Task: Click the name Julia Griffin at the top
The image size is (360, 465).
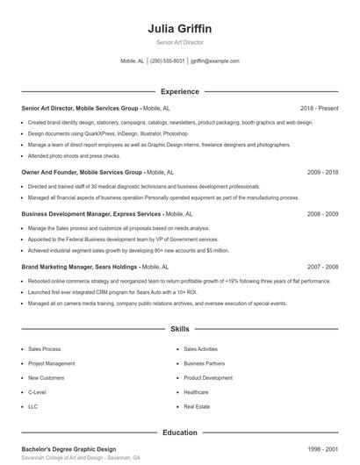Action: (x=179, y=28)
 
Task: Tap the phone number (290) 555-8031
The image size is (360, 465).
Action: (x=167, y=61)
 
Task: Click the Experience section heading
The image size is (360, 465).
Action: (x=179, y=91)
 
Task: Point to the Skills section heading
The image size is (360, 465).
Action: (x=179, y=329)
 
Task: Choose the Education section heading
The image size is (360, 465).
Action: (x=179, y=433)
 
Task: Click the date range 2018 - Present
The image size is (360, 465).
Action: (x=319, y=108)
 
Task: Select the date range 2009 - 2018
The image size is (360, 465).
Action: (x=322, y=173)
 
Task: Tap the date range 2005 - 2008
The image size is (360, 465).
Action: (x=322, y=213)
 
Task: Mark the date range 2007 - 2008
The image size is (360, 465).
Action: (x=322, y=266)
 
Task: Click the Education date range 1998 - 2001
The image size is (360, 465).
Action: (x=322, y=449)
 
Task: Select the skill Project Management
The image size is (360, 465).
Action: (x=51, y=363)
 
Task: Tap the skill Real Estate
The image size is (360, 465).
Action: (x=196, y=407)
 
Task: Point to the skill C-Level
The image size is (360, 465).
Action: (x=37, y=392)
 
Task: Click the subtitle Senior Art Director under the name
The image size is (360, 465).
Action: (x=179, y=42)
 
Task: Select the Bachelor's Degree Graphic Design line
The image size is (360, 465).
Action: (x=70, y=449)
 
